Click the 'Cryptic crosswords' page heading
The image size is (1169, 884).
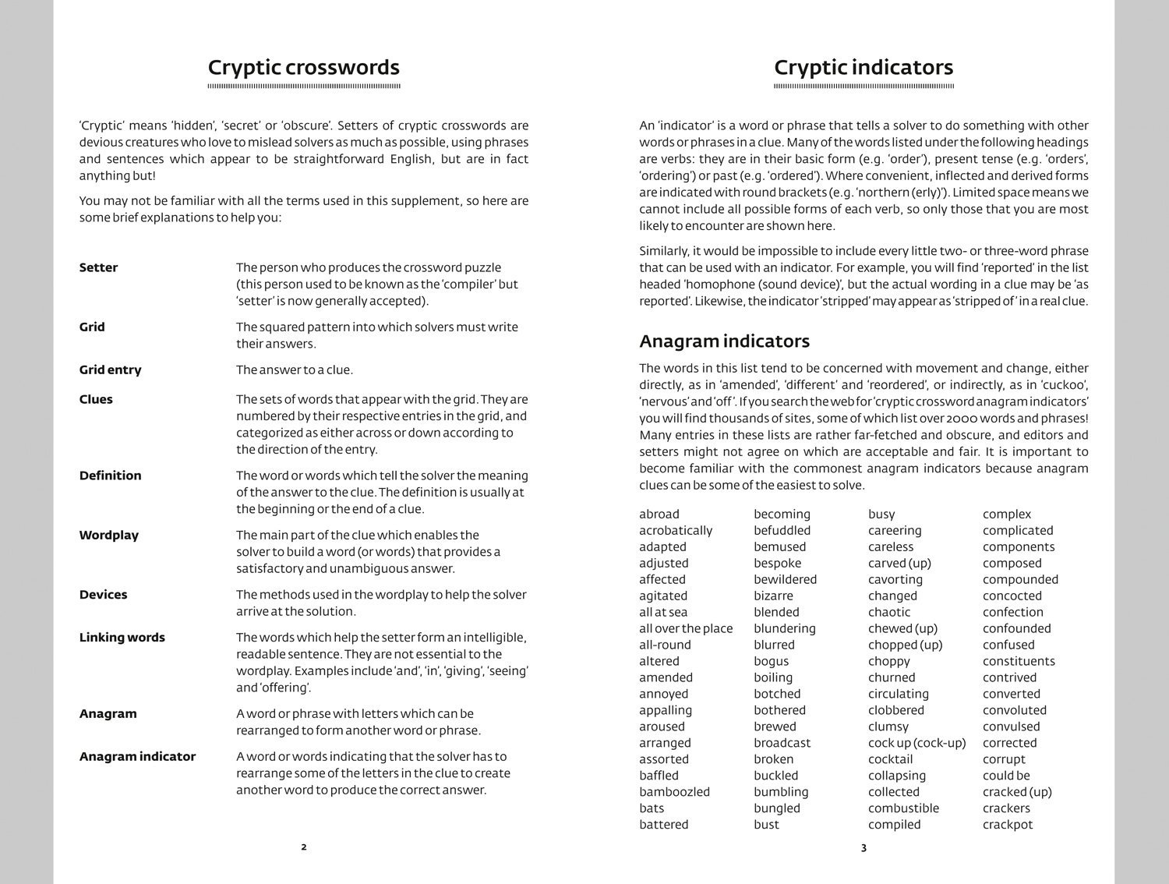(x=303, y=68)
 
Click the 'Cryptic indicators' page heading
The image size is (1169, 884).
(x=863, y=68)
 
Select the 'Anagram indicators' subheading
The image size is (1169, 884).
(x=724, y=341)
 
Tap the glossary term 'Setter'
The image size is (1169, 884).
(x=98, y=267)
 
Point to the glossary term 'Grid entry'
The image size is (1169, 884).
(x=110, y=370)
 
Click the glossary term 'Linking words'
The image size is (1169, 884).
(x=122, y=637)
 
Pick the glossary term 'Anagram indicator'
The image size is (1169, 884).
(x=137, y=756)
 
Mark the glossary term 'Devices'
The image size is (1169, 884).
(x=103, y=594)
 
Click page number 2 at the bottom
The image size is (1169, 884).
(x=304, y=847)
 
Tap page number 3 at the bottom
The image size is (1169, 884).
(x=864, y=847)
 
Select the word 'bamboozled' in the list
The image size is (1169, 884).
(x=674, y=792)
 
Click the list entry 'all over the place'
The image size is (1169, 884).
(x=686, y=628)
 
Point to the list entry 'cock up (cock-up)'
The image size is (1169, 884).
(x=916, y=743)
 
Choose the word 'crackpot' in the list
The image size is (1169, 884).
(x=1008, y=825)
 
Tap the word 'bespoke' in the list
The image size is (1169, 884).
(x=777, y=563)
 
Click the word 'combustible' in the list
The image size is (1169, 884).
(x=903, y=808)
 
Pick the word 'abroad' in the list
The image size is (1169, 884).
(x=659, y=514)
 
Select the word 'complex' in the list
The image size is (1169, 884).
(x=1006, y=514)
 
